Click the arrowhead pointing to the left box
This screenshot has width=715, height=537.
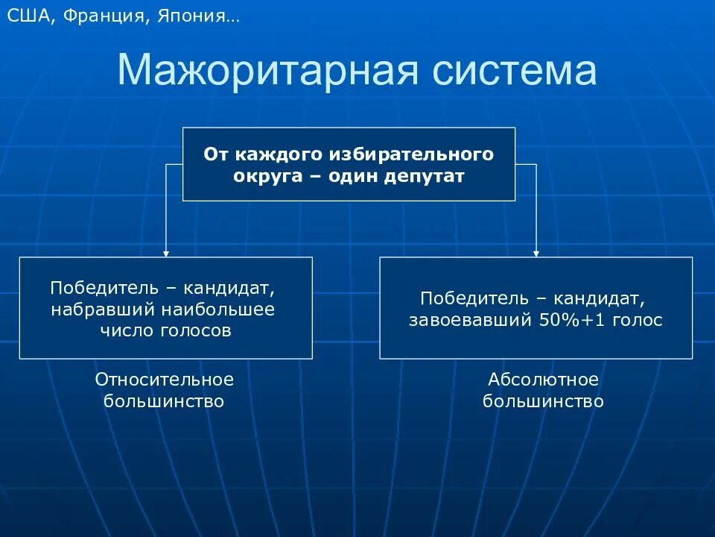[x=166, y=253]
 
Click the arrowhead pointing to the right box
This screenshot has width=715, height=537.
[x=536, y=253]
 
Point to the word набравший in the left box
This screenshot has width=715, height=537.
[x=103, y=309]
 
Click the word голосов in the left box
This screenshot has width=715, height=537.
[x=196, y=330]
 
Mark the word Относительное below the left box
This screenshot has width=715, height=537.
[x=165, y=380]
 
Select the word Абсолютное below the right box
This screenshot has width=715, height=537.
[x=543, y=380]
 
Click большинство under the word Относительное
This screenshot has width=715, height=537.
[x=165, y=401]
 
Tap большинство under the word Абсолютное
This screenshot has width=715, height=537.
[x=543, y=401]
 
